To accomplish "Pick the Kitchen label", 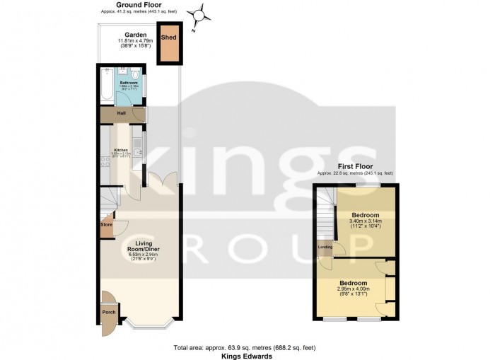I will click(121, 150).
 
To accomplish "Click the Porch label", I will click(109, 312).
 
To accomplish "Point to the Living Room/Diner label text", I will click(139, 248).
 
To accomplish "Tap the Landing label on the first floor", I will click(325, 247).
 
